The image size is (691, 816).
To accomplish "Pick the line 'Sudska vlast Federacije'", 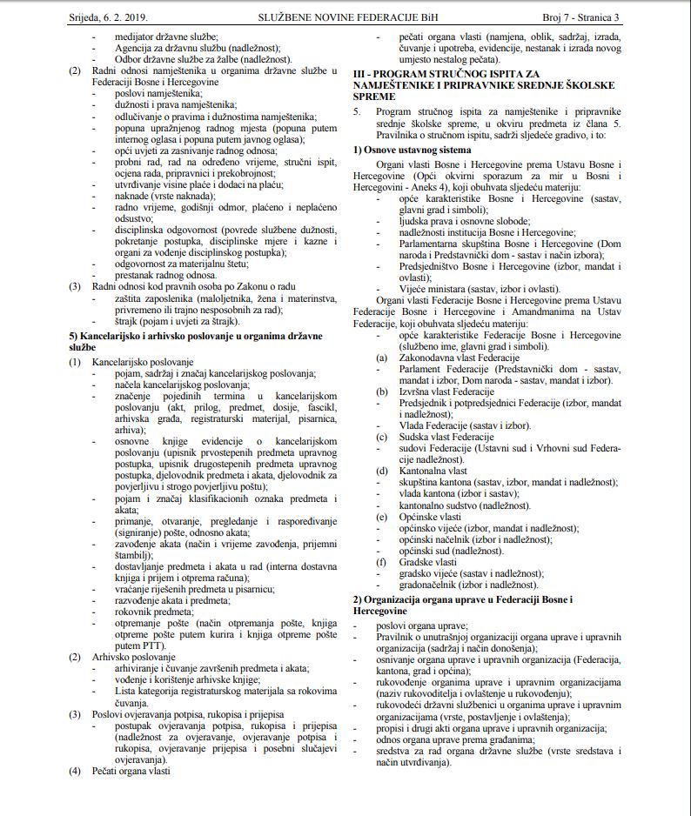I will (446, 437).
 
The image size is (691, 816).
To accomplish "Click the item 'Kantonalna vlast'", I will (433, 471).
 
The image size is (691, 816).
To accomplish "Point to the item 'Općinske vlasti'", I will (432, 517).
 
